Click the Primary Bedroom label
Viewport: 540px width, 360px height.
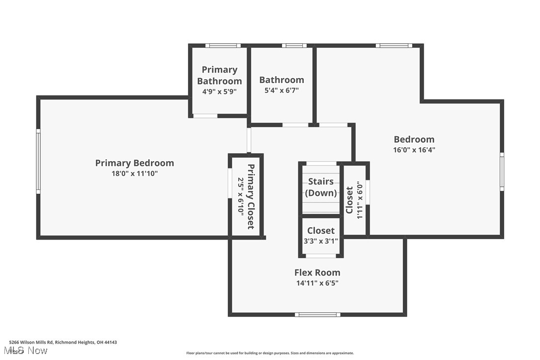[134, 163]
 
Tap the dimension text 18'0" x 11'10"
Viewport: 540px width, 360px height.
[134, 174]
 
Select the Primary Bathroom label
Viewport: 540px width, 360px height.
[219, 75]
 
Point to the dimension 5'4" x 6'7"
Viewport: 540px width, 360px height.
[281, 90]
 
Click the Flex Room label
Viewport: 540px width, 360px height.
[317, 272]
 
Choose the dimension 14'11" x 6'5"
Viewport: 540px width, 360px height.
[317, 283]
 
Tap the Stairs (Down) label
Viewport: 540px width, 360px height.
[321, 187]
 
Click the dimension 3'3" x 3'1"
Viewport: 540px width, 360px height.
[321, 241]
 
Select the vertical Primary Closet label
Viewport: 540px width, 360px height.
[251, 196]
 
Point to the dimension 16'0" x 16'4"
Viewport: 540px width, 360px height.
[414, 150]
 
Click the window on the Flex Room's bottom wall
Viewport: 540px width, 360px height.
[317, 314]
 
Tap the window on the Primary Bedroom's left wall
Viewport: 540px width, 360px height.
[38, 162]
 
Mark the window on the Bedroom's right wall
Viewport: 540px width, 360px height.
[502, 172]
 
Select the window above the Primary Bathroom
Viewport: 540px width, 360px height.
[222, 46]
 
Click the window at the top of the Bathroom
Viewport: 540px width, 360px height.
[294, 46]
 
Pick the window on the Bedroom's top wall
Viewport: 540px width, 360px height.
[394, 46]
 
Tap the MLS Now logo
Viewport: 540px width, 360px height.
[28, 351]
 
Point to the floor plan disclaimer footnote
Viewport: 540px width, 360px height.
[270, 353]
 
